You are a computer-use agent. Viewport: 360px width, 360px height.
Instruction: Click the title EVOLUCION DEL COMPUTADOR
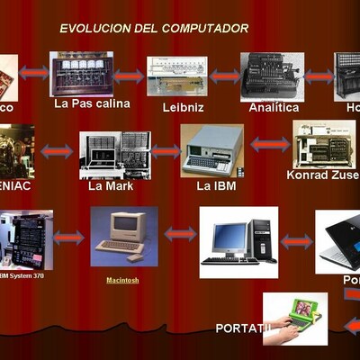[x=154, y=29]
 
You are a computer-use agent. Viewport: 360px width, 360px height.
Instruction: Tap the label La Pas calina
[x=92, y=103]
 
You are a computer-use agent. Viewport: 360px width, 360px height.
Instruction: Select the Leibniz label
[x=178, y=108]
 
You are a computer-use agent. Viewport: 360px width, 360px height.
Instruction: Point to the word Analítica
[x=274, y=108]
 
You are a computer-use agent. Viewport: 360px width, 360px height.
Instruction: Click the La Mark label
[x=110, y=187]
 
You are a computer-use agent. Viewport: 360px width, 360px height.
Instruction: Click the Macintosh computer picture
[x=123, y=236]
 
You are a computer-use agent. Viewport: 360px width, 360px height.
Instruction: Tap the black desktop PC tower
[x=260, y=238]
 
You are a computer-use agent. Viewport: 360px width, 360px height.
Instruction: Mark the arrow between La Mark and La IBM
[x=165, y=151]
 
